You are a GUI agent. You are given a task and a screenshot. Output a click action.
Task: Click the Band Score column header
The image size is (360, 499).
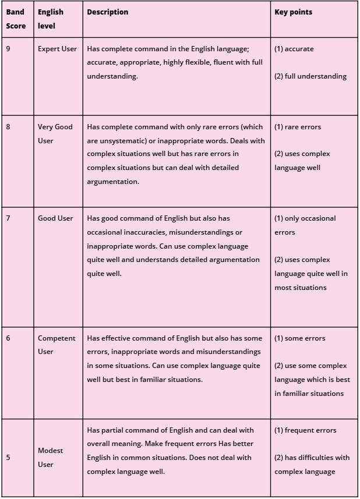[16, 19]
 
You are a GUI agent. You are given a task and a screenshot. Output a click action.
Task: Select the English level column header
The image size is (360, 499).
[51, 19]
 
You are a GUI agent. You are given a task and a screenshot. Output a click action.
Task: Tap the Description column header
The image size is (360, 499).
[108, 12]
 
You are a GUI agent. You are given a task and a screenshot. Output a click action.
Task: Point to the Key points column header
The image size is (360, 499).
[294, 12]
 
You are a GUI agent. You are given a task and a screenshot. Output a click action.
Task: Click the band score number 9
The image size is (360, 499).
[8, 49]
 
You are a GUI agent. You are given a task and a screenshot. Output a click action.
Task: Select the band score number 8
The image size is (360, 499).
[8, 126]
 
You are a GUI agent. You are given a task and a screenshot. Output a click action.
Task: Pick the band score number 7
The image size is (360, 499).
[8, 218]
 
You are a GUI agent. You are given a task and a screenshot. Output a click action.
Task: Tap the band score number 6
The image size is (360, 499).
[8, 338]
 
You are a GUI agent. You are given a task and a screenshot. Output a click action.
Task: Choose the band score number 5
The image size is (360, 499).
[8, 458]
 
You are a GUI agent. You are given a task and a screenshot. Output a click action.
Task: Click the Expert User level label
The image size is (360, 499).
[57, 49]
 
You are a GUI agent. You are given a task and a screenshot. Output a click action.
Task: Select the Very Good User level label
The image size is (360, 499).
[55, 133]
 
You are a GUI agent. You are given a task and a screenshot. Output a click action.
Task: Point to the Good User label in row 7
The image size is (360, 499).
[55, 218]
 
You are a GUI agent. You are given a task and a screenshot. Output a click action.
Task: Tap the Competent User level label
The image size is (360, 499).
[57, 345]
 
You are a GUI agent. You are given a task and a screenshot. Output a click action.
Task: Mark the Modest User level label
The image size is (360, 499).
[50, 458]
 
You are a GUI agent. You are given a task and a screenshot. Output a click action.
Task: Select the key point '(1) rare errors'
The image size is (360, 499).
[298, 126]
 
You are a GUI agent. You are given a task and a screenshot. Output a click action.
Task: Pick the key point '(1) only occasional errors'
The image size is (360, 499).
[305, 225]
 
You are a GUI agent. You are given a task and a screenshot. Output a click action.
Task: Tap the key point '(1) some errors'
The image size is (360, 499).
[300, 338]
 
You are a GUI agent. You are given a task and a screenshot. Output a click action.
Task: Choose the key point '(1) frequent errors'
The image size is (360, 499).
[305, 430]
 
